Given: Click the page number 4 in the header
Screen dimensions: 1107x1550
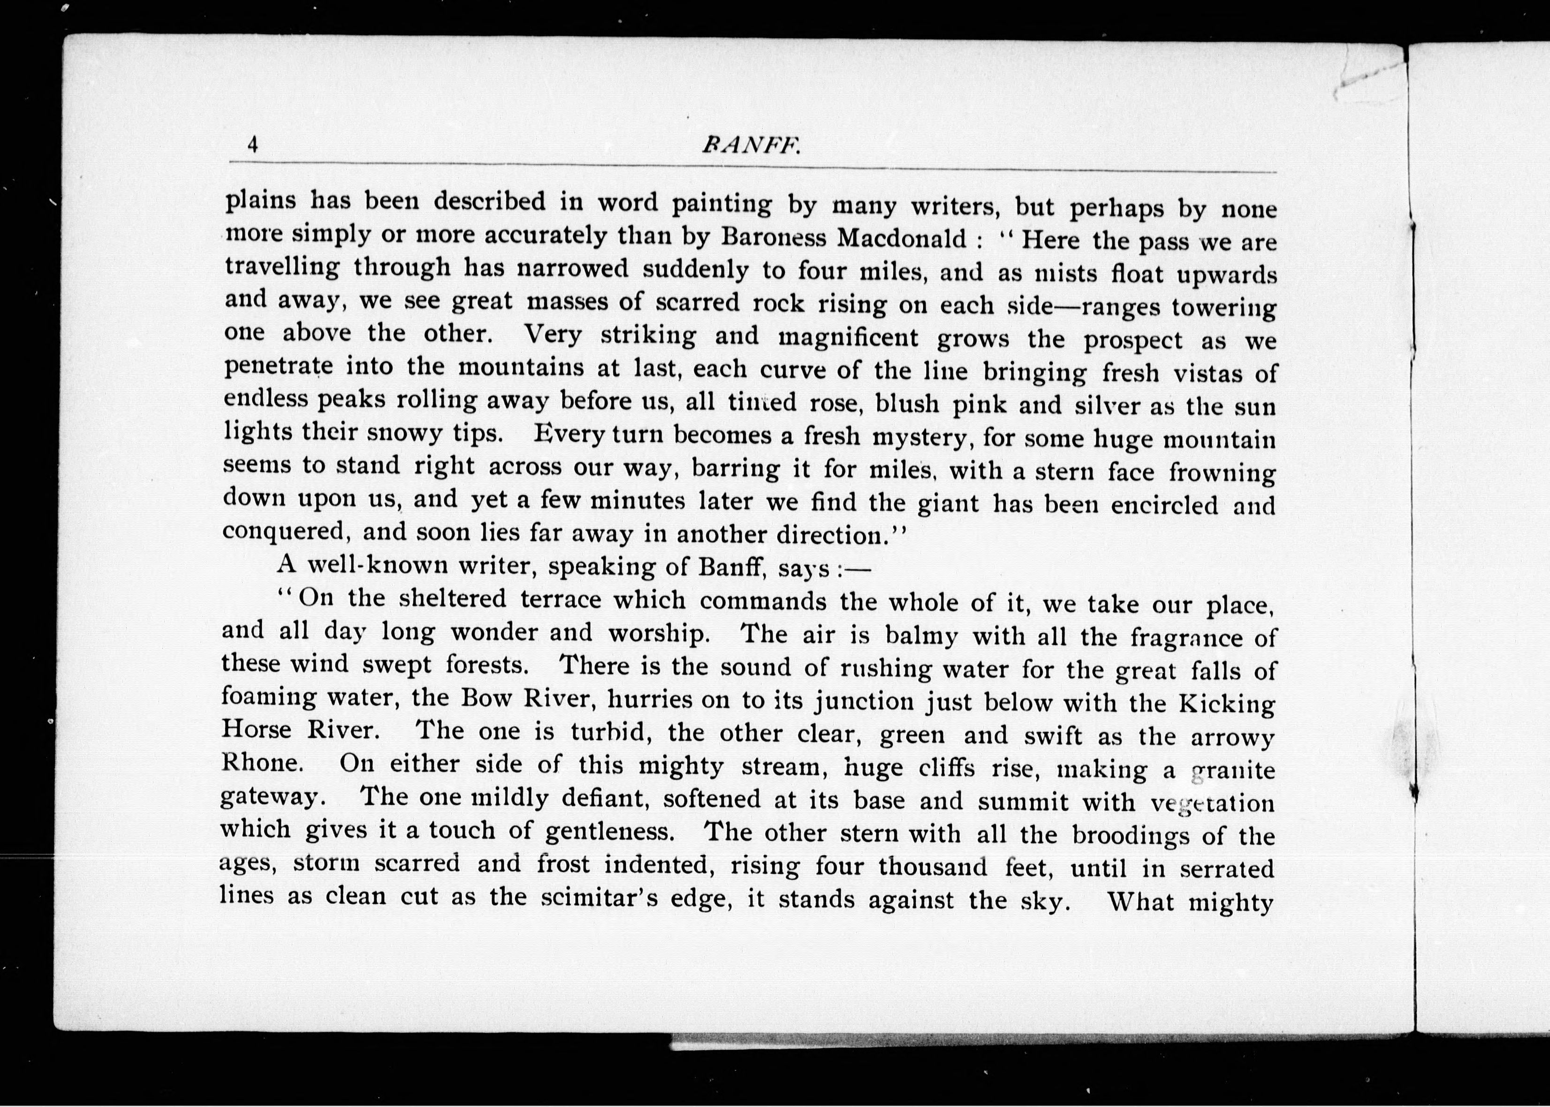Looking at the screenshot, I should click(x=253, y=144).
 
